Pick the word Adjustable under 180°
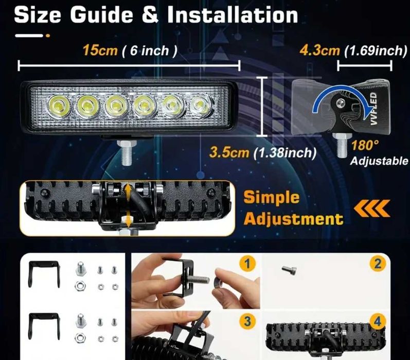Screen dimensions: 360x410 tap(379, 161)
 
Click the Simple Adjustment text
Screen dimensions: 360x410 tap(293, 208)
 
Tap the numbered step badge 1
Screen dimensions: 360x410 tap(248, 265)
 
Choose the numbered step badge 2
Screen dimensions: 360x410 tap(378, 265)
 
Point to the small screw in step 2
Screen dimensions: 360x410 tap(288, 269)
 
